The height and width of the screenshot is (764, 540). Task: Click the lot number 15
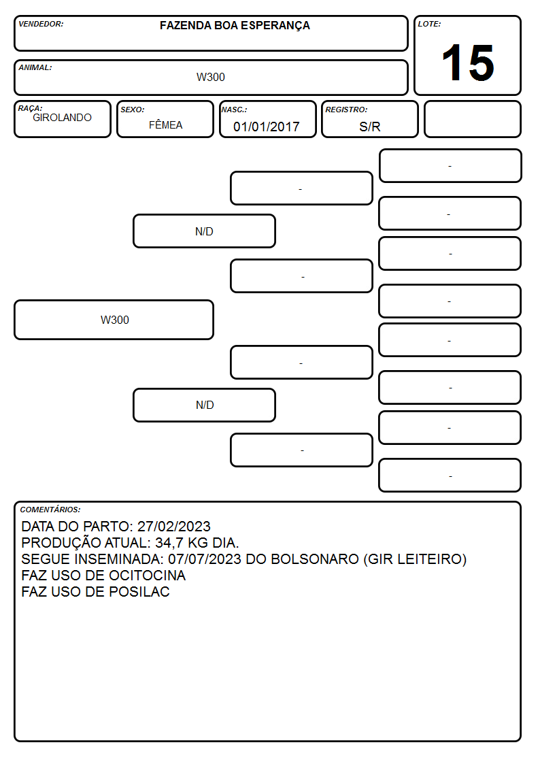tap(468, 63)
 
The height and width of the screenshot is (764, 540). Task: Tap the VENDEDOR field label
tap(41, 24)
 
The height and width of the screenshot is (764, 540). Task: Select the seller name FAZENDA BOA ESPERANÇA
tap(235, 26)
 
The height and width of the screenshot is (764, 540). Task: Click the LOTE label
tap(429, 24)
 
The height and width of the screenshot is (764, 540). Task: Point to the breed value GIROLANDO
tap(63, 118)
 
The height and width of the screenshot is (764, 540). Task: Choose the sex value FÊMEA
tap(165, 124)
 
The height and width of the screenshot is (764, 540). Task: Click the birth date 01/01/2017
tap(267, 127)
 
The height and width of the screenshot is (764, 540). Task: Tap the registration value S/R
tap(369, 127)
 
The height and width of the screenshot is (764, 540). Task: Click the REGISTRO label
tap(346, 110)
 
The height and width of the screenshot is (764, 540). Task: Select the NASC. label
tap(234, 110)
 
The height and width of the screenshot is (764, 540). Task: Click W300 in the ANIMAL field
tap(211, 77)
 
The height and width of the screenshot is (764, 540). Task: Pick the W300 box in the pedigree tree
tap(114, 320)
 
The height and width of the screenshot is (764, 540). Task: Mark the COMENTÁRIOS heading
tap(50, 510)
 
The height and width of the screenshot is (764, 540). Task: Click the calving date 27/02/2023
tap(174, 526)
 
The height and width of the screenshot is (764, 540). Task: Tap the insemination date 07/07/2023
tap(205, 559)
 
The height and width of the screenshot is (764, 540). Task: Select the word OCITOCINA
tap(147, 576)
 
